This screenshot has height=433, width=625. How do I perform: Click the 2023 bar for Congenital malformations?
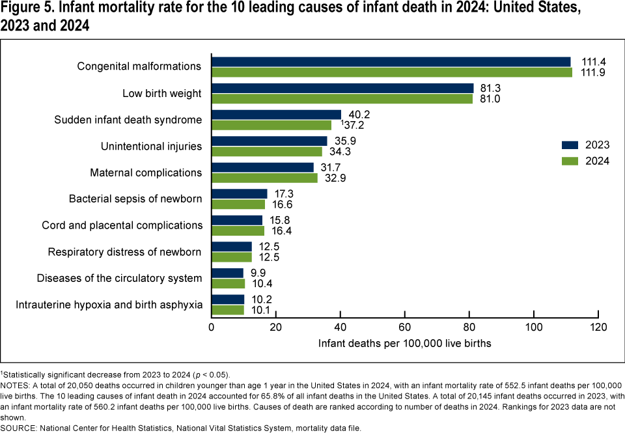point(391,62)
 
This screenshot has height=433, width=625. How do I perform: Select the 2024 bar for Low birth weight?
point(342,99)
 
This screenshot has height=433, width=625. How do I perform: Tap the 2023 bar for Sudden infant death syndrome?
point(277,115)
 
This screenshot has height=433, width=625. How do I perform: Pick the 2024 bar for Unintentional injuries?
point(267,152)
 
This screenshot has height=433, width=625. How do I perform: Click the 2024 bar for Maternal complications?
point(265,178)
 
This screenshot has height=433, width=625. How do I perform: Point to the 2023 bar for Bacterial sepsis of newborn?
point(240,193)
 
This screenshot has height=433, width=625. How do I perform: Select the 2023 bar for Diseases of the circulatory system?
point(228,273)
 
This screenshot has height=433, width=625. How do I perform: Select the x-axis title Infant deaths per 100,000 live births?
point(405,343)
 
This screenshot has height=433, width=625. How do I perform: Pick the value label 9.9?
point(258,273)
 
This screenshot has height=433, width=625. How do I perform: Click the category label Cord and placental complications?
point(122,225)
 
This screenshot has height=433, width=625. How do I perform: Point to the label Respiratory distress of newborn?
point(125,252)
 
